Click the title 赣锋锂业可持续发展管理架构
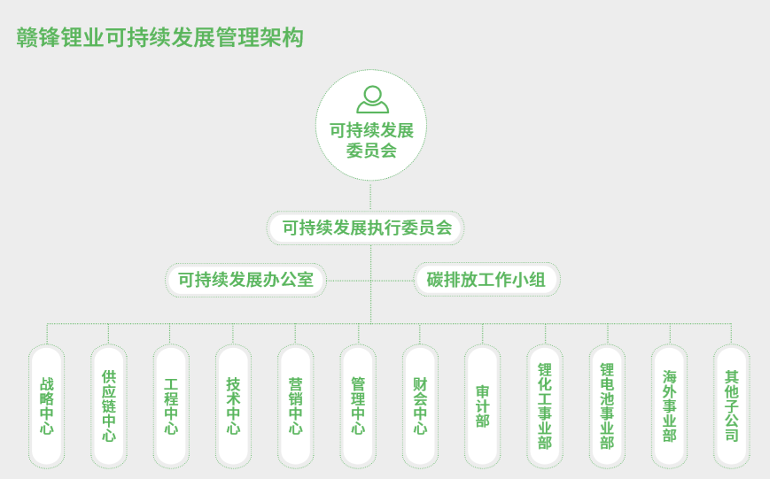coord(160,37)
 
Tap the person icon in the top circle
coord(371,98)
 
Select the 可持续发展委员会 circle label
coord(371,140)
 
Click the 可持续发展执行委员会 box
coord(366,228)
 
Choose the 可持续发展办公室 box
coord(245,280)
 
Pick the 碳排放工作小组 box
coord(486,280)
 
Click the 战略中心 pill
coord(47,406)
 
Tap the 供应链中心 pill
coord(109,406)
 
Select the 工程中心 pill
coord(171,406)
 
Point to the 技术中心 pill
coord(233,406)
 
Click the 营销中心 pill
coord(296,406)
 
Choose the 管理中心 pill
coord(358,406)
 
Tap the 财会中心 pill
coord(420,406)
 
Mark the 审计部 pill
coord(483,406)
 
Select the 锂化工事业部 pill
coord(545,406)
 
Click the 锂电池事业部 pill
coord(607,406)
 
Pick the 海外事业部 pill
coord(669,406)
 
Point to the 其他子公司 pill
coord(731,406)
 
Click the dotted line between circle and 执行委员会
coord(370,196)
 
